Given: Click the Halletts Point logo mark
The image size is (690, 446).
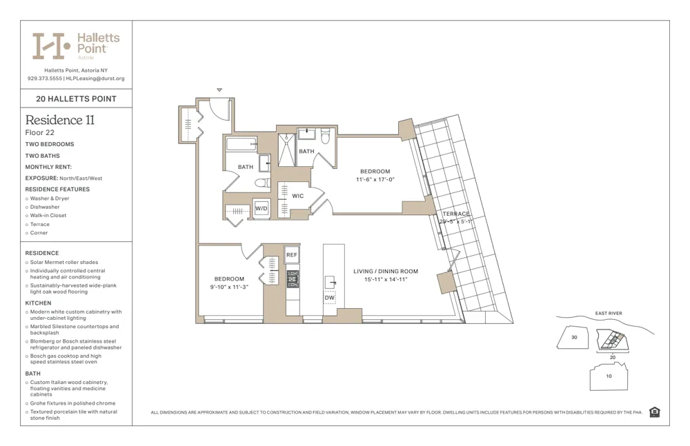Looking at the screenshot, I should [52, 46].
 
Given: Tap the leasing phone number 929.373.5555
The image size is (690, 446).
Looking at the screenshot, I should [45, 79].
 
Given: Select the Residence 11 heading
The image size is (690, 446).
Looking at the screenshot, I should [60, 120].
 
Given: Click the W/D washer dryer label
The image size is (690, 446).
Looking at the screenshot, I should [261, 208].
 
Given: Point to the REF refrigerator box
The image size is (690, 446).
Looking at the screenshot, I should [292, 255].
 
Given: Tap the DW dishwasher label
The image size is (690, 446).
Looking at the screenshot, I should [330, 298].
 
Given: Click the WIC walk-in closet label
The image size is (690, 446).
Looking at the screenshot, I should [297, 196].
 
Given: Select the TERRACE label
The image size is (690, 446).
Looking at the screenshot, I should [455, 214].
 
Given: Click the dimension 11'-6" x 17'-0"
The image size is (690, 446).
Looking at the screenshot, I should [375, 179].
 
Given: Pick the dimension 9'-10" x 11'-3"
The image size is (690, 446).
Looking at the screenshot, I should [228, 287].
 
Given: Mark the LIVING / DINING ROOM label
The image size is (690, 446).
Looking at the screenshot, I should [385, 272].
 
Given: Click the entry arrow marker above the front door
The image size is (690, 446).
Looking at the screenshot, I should [219, 90].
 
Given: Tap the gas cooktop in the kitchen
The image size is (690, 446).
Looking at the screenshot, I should [293, 278].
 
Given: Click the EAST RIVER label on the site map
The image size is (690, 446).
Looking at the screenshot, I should [608, 314].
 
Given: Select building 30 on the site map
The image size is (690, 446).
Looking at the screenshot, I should [573, 338].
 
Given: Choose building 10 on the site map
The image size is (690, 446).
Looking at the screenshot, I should [608, 376].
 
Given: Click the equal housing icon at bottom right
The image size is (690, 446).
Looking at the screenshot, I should [654, 412].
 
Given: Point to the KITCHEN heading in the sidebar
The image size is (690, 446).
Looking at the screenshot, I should [39, 303].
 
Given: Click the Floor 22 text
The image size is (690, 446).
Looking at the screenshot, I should [40, 132].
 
